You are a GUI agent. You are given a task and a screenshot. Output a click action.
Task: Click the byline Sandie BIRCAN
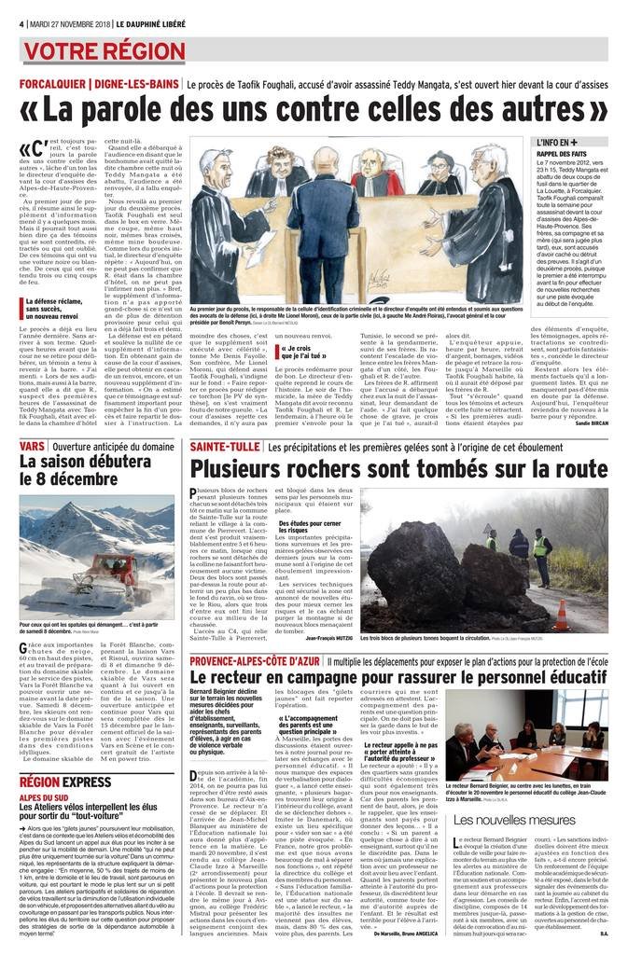(586, 422)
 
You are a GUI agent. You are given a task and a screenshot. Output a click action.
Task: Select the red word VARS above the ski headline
(32, 448)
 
